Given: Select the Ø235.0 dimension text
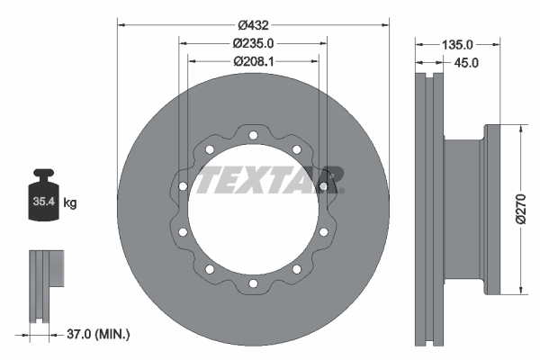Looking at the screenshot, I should [x=252, y=42].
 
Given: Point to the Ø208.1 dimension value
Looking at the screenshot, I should [x=252, y=61].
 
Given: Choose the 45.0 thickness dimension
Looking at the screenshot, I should [x=465, y=62].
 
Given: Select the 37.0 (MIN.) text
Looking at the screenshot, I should [x=100, y=335].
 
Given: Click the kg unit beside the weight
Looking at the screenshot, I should [x=70, y=203].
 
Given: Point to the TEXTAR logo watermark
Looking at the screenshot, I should [x=270, y=179].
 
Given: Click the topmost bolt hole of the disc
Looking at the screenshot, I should [x=253, y=136].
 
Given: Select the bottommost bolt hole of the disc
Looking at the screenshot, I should [x=253, y=283].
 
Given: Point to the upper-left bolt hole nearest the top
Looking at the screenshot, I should [x=209, y=150].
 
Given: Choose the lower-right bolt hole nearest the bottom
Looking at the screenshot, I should [x=296, y=269].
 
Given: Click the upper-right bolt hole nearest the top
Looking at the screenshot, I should [x=296, y=150].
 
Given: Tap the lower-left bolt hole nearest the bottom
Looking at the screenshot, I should [x=209, y=269].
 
